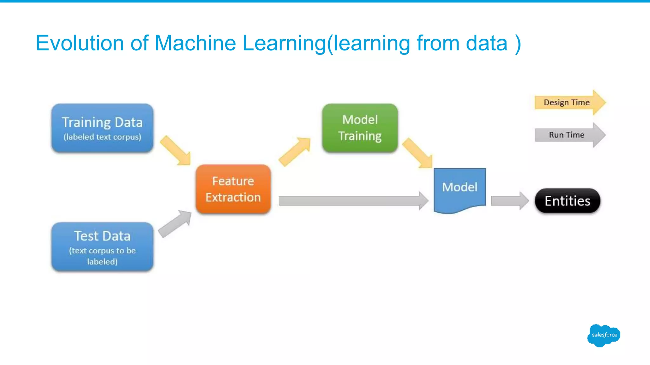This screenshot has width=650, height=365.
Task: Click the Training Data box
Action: [x=103, y=128]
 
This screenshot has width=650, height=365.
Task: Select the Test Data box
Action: [x=103, y=247]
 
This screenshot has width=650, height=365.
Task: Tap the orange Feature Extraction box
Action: [x=233, y=189]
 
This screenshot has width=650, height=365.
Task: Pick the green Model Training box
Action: [x=360, y=128]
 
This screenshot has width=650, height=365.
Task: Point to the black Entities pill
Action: [x=567, y=201]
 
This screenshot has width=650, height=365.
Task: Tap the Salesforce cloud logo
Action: [x=604, y=336]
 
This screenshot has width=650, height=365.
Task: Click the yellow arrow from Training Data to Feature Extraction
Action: [x=176, y=150]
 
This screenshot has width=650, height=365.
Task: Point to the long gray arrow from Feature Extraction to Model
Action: [x=354, y=201]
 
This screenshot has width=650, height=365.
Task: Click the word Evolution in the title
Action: [x=80, y=43]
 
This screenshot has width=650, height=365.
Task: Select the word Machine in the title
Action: [x=195, y=43]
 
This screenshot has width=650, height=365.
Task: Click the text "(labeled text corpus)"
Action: [x=103, y=137]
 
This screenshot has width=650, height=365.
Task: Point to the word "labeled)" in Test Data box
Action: [x=103, y=262]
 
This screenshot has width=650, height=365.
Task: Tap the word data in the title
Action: [x=487, y=43]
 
